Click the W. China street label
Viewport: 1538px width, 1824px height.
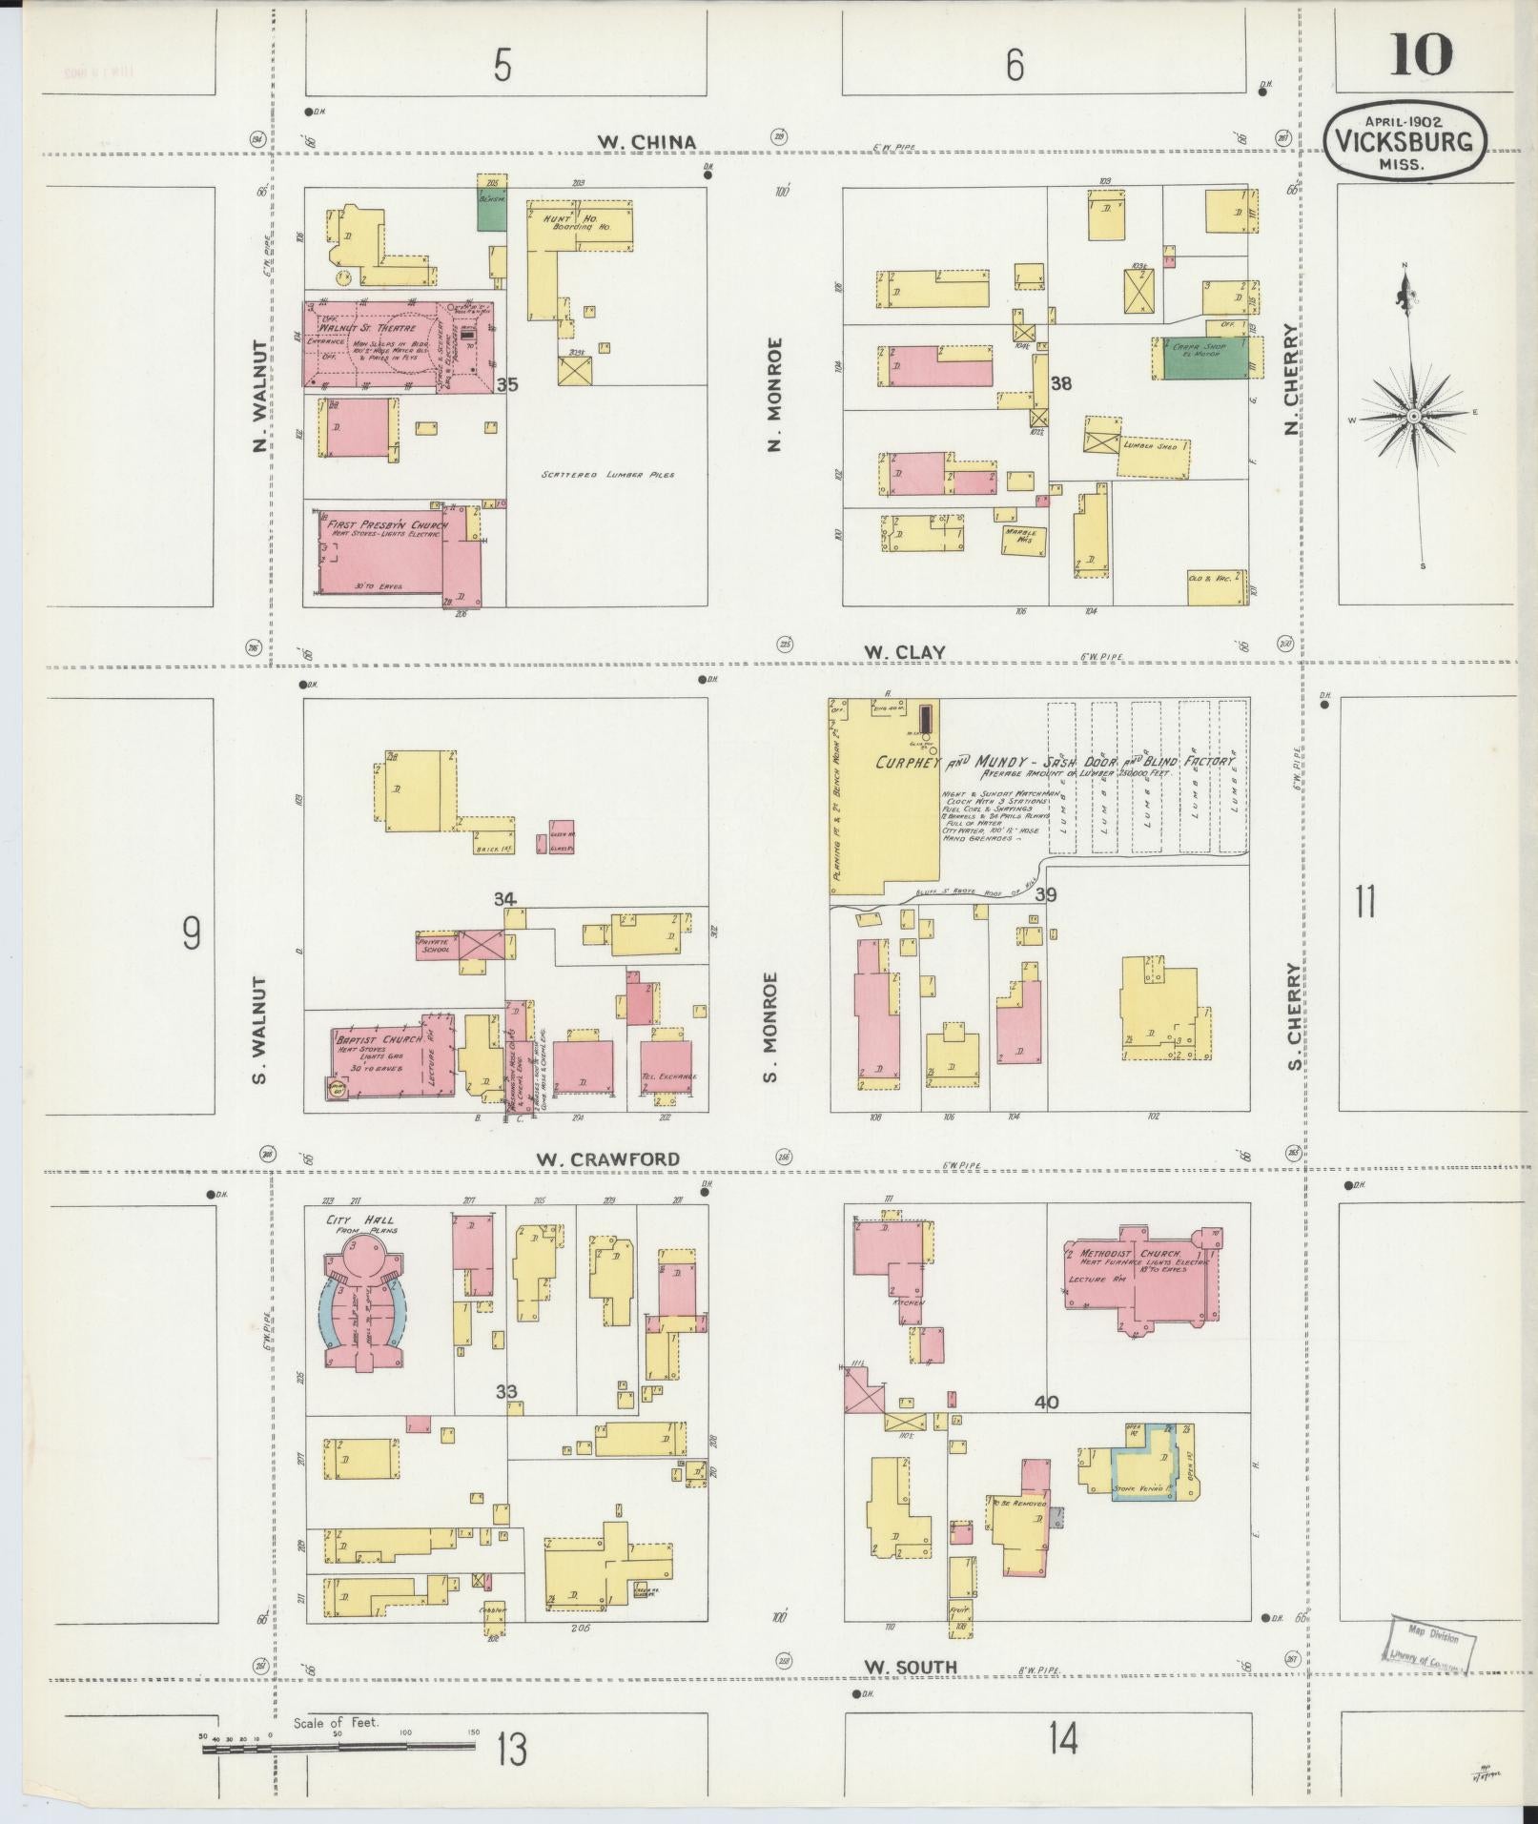646,142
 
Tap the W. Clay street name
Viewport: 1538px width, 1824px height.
904,652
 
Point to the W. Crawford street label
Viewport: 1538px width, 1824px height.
607,1159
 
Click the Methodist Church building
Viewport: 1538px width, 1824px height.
1139,1273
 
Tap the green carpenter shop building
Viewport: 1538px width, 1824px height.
1205,358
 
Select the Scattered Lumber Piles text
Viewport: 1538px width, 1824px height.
607,474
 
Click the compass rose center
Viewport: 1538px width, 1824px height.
1413,417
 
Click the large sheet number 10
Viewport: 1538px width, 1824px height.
1421,54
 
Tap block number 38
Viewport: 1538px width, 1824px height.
1060,384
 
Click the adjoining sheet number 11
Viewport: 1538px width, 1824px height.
1365,900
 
